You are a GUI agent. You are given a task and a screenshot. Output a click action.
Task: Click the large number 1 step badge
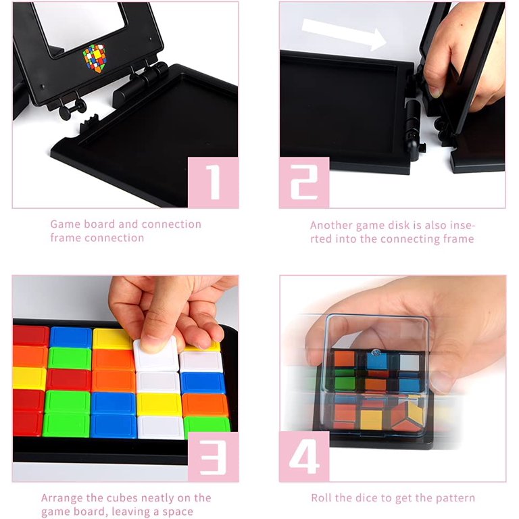(x=214, y=182)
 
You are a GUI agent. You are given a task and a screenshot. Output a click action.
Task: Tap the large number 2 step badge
(x=304, y=182)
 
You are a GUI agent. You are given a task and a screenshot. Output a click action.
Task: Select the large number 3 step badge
(x=214, y=457)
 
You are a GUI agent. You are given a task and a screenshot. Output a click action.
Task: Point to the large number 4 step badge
(x=304, y=457)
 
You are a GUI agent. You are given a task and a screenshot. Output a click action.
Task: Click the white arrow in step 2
(x=344, y=34)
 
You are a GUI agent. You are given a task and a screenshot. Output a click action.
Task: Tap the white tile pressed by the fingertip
(x=156, y=353)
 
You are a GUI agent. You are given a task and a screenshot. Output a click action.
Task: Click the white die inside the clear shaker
(x=410, y=362)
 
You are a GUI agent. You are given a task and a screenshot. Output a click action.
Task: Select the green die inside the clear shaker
(x=345, y=383)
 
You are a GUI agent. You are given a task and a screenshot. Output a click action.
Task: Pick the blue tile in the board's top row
(x=71, y=337)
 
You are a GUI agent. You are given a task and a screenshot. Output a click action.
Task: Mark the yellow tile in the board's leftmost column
(x=30, y=378)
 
